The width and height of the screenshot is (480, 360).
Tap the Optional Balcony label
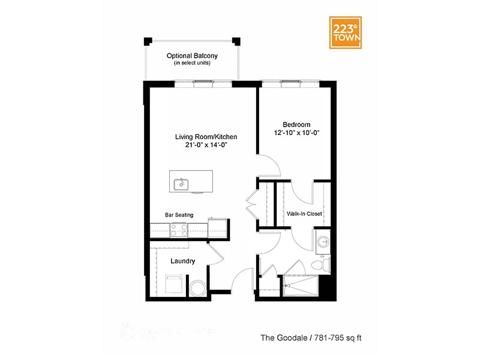pyautogui.click(x=192, y=56)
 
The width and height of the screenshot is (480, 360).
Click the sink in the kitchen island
pyautogui.click(x=179, y=184)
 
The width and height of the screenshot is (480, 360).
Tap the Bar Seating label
pyautogui.click(x=179, y=214)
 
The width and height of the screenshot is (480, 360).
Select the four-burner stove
pyautogui.click(x=179, y=229)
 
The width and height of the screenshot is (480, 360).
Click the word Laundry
pyautogui.click(x=182, y=261)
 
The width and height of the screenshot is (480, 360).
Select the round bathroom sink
pyautogui.click(x=323, y=242)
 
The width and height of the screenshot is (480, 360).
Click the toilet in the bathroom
pyautogui.click(x=322, y=263)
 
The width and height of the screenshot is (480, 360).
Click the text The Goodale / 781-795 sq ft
pyautogui.click(x=311, y=338)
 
